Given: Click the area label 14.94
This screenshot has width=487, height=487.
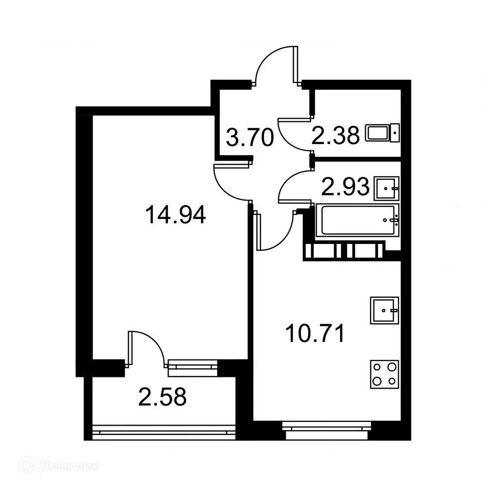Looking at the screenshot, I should [176, 215].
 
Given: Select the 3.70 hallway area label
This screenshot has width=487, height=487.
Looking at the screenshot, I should [249, 138].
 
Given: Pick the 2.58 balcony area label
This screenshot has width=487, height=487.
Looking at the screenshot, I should [163, 397].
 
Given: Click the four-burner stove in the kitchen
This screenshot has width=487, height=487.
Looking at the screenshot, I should [384, 374].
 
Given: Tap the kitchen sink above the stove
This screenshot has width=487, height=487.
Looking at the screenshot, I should [384, 310].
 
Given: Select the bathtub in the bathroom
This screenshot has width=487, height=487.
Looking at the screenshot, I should [356, 221].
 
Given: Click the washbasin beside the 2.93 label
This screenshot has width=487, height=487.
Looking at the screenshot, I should [387, 188].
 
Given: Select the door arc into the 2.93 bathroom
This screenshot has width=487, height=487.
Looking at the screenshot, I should [292, 185].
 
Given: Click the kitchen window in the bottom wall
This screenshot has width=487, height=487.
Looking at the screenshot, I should [327, 428].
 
